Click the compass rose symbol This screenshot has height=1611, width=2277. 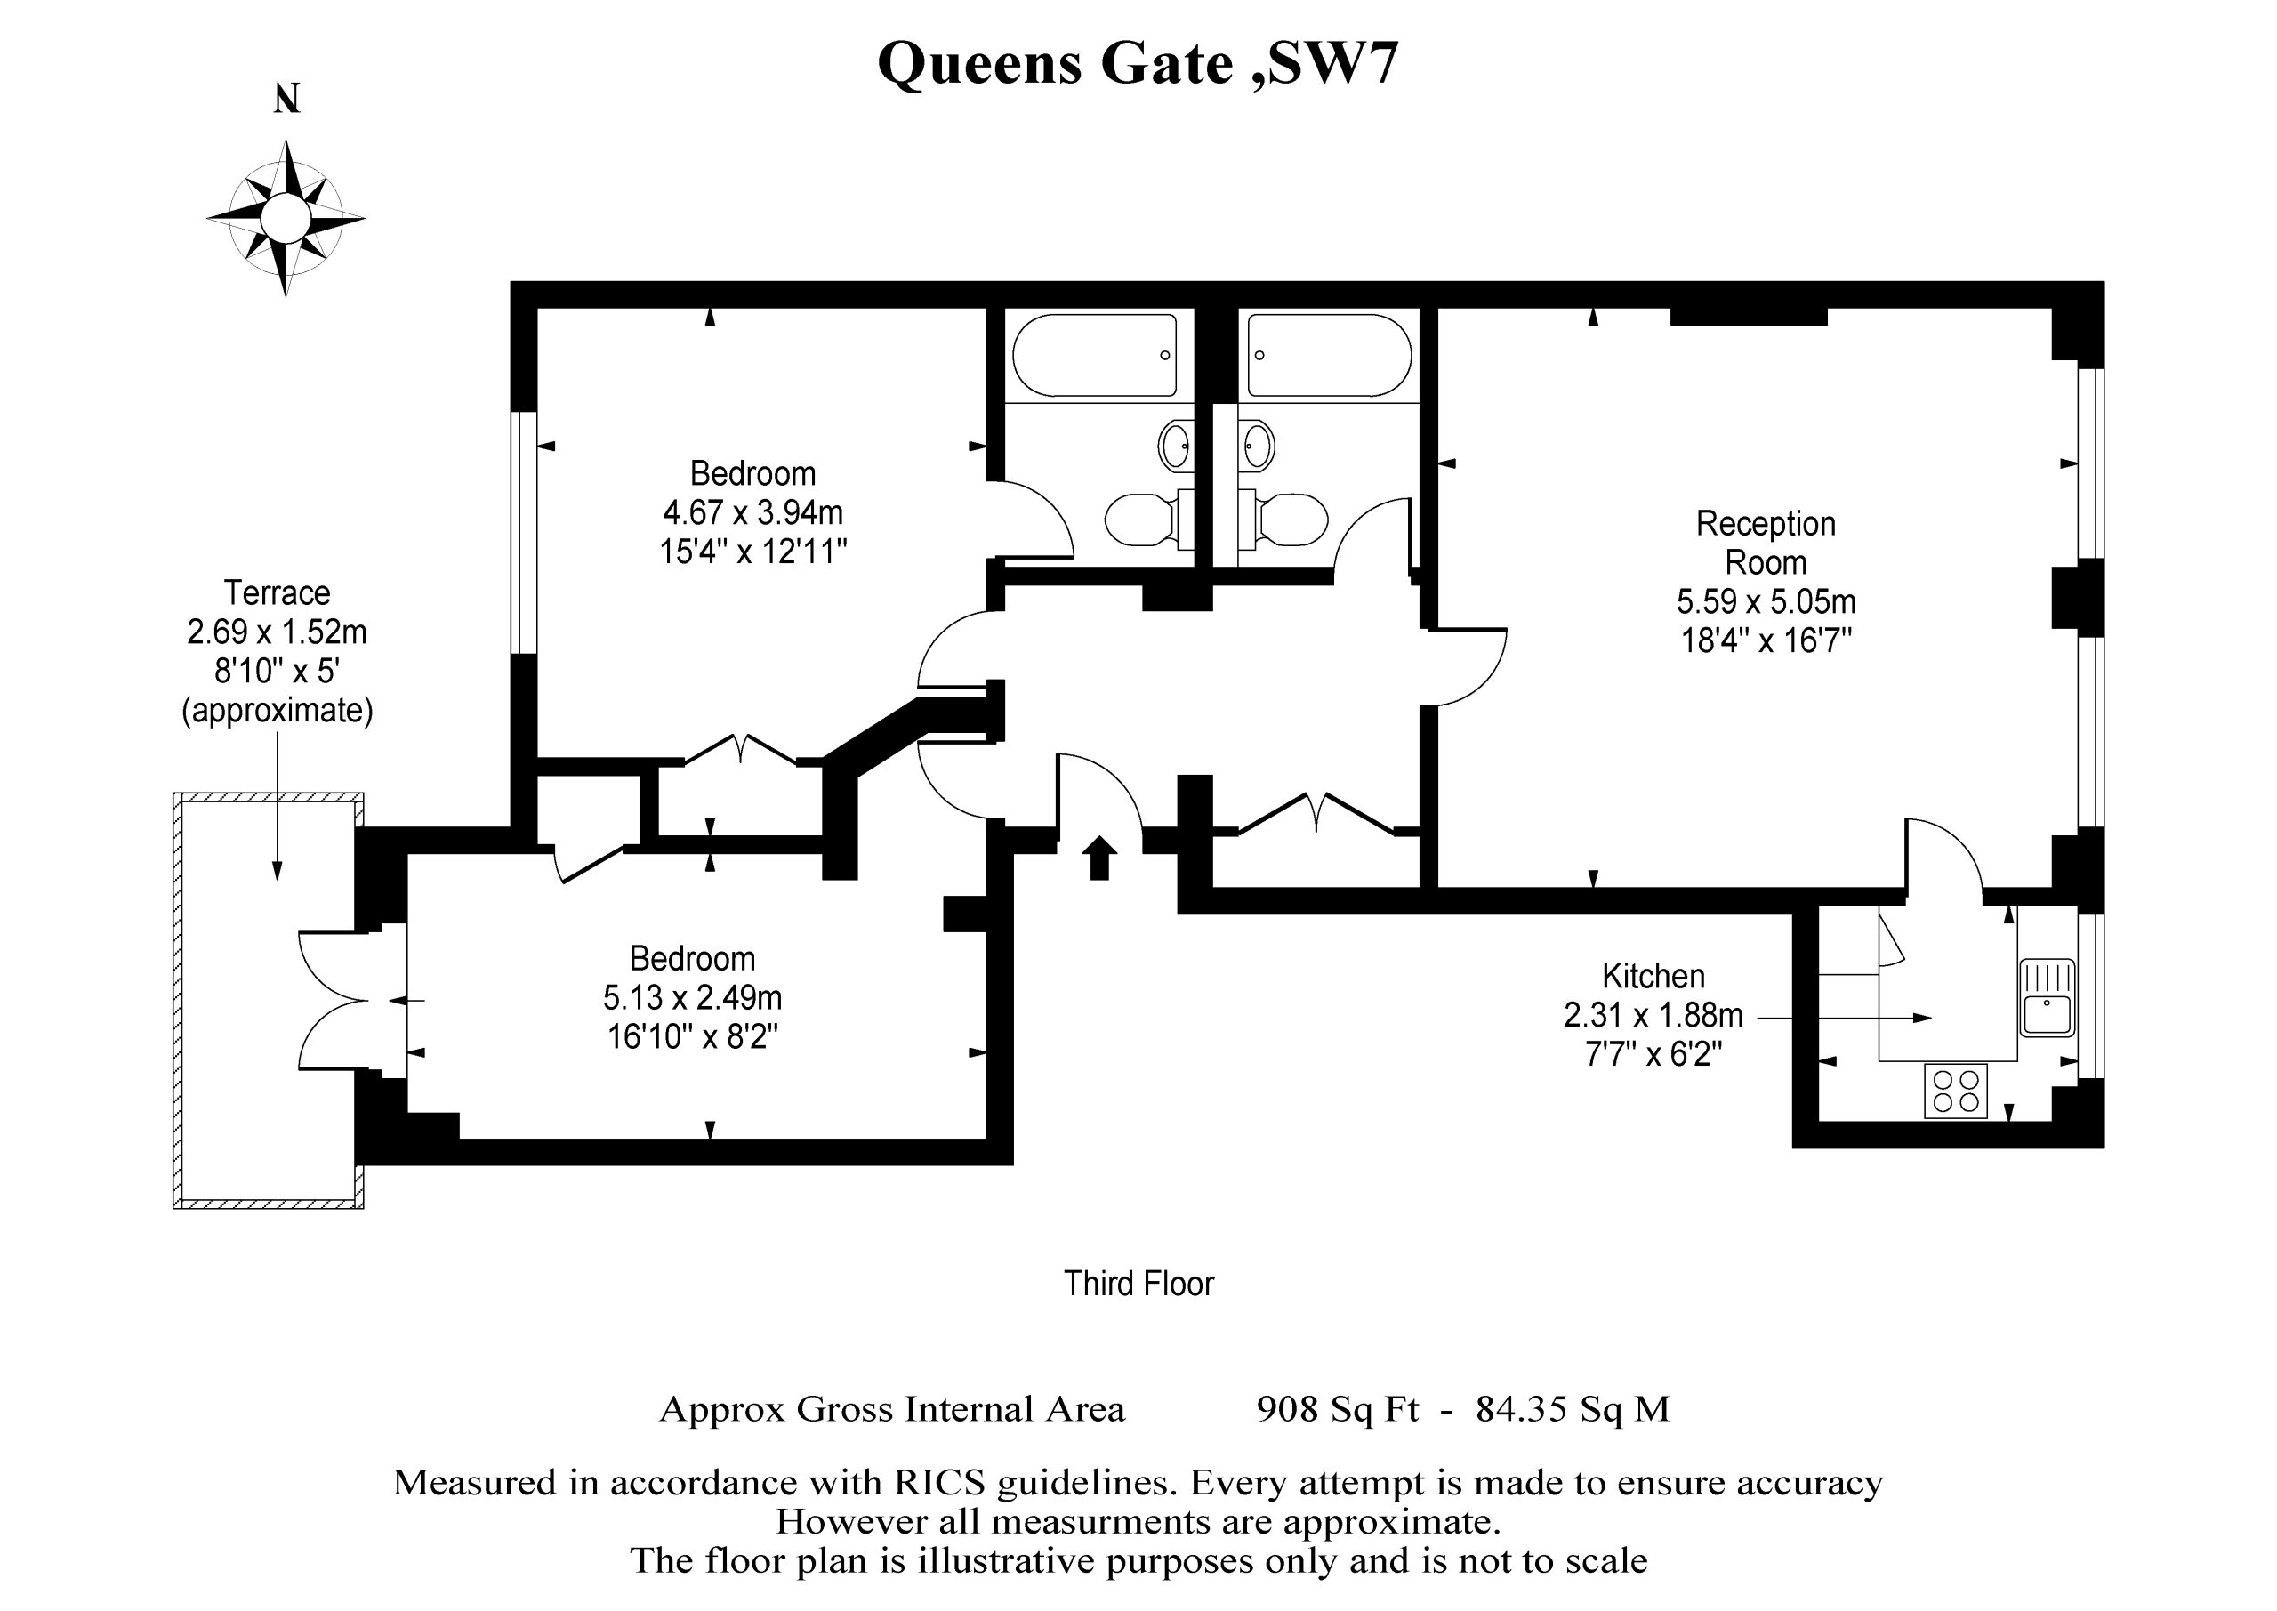[x=286, y=218]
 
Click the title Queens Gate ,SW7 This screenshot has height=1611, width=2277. [x=1138, y=64]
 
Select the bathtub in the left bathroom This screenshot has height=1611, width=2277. [x=1095, y=355]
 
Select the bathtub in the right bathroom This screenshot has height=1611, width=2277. [x=1329, y=355]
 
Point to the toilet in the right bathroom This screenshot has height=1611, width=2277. [x=1283, y=520]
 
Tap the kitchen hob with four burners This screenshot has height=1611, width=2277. [x=1956, y=1091]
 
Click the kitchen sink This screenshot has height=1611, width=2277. [x=2047, y=997]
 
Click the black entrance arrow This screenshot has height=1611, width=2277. [x=1098, y=857]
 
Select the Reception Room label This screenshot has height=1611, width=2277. [x=1766, y=543]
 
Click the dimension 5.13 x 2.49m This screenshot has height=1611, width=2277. [x=692, y=997]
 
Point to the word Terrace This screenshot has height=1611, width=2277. [x=277, y=592]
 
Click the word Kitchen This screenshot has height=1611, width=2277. [x=1653, y=976]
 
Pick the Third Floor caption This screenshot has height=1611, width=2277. [x=1138, y=1284]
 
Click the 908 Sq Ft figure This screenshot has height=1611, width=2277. [x=1337, y=1410]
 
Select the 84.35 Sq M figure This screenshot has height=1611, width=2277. [x=1573, y=1410]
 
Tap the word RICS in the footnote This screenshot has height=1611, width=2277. [x=939, y=1483]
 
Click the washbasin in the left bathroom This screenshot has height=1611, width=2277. [x=1175, y=447]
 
